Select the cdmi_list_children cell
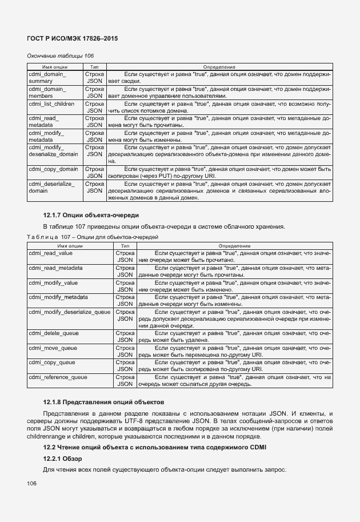[51, 104]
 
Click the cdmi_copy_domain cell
[53, 169]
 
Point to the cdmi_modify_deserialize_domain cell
[53, 151]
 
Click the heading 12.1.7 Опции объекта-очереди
[91, 215]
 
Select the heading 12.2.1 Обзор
[63, 459]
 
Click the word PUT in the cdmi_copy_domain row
[154, 177]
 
